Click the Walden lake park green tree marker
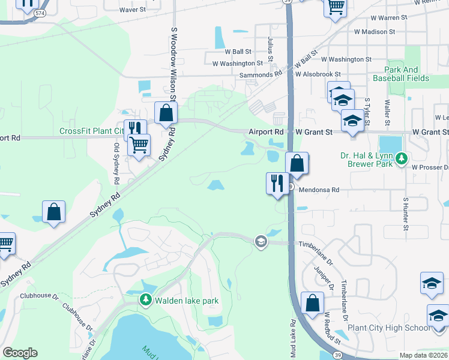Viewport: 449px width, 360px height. [145, 299]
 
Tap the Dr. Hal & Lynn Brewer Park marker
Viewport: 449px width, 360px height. [402, 159]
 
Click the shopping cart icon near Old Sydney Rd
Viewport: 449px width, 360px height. [139, 145]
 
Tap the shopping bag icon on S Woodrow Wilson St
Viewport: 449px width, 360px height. [166, 113]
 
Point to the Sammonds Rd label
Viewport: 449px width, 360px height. [261, 74]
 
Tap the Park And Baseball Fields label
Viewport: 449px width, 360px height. [401, 74]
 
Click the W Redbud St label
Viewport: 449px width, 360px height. [332, 327]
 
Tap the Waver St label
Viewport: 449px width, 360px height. [132, 10]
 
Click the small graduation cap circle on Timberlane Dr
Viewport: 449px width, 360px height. [261, 241]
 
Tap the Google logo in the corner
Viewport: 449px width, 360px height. [20, 353]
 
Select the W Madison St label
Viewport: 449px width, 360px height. [374, 31]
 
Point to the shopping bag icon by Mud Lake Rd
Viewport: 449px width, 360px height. [313, 303]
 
